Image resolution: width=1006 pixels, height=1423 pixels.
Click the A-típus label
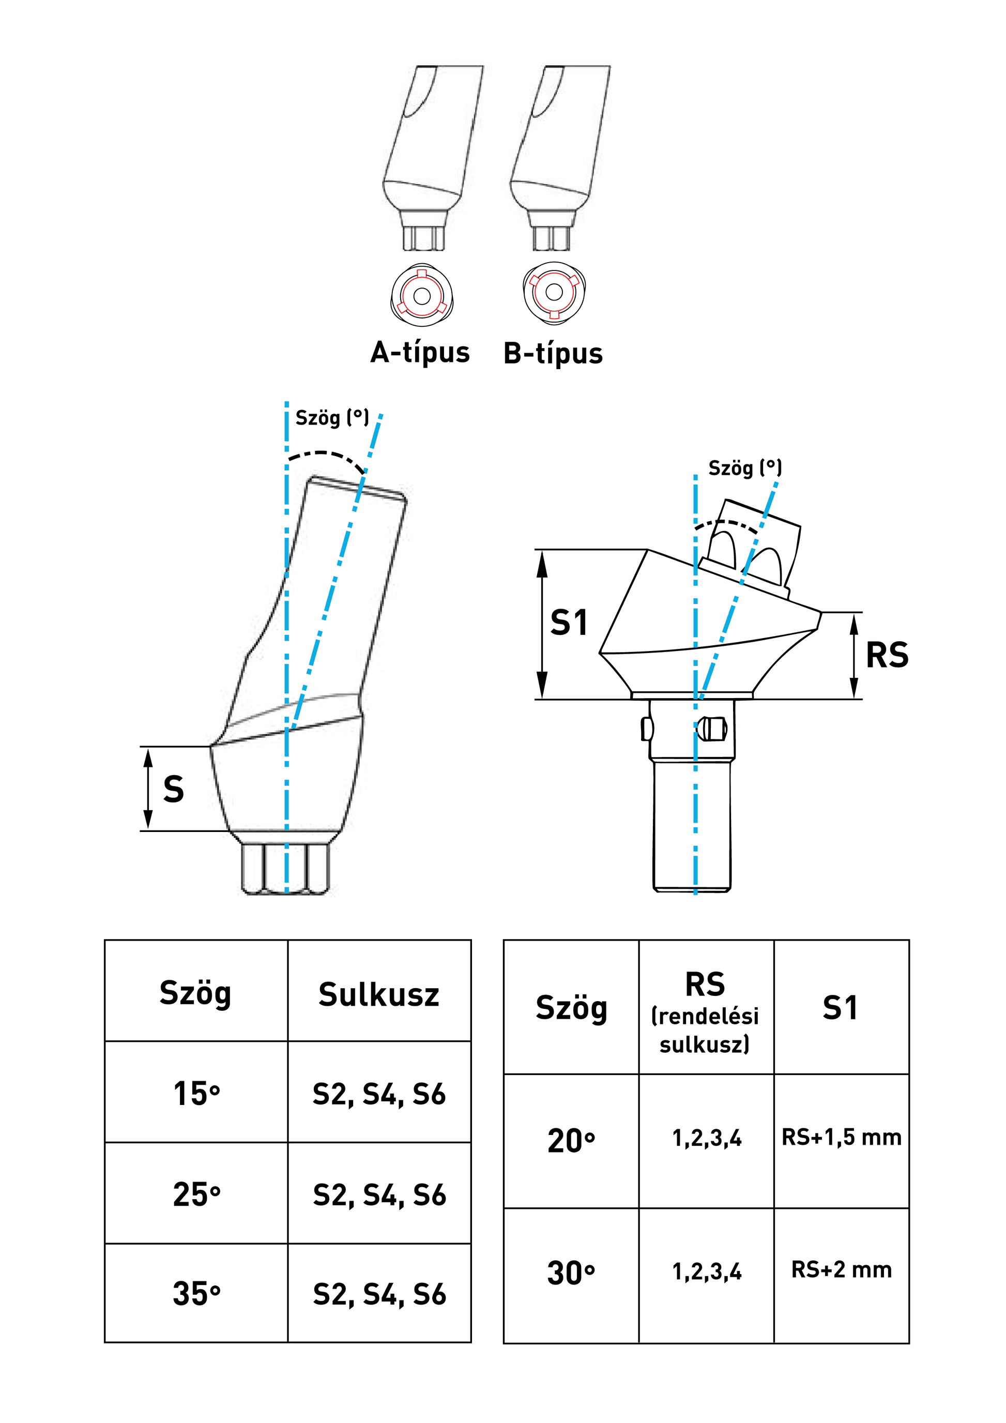[x=420, y=353]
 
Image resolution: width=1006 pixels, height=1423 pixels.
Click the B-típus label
[x=553, y=354]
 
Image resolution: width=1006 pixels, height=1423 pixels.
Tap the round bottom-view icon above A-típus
[x=422, y=295]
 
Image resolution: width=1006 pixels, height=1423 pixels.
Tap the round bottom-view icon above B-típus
[x=554, y=293]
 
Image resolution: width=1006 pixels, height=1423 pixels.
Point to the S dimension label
[x=174, y=790]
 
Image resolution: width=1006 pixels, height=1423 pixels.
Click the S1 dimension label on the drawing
[x=569, y=623]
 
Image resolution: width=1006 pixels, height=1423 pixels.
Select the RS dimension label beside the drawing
[x=887, y=655]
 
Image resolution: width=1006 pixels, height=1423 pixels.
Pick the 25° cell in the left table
[x=196, y=1194]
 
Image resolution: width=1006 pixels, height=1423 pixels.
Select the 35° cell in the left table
[x=196, y=1293]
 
